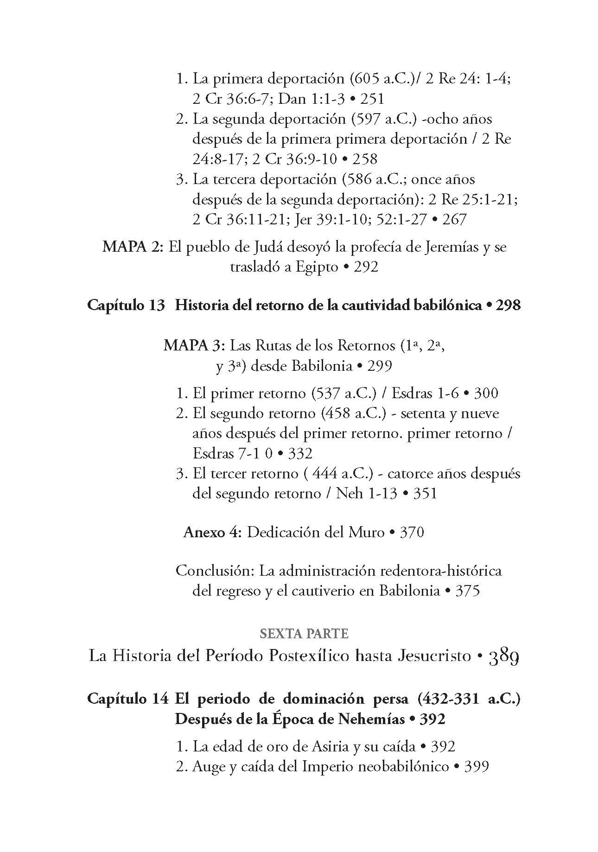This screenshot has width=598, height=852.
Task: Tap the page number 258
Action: coord(365,159)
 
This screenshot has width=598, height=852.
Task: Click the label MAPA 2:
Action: coord(133,247)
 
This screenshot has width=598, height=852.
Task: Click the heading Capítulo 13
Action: coord(126,305)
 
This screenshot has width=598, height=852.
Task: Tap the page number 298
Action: coord(508,305)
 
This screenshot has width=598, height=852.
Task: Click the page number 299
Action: coord(379,366)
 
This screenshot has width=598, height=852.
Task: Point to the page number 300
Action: coord(485,394)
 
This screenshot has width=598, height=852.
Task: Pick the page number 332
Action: coord(300,453)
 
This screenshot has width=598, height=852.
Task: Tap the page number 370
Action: coord(412,532)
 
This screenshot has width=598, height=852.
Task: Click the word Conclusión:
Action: coord(215,571)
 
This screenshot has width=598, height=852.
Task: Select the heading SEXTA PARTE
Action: coord(304,634)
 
